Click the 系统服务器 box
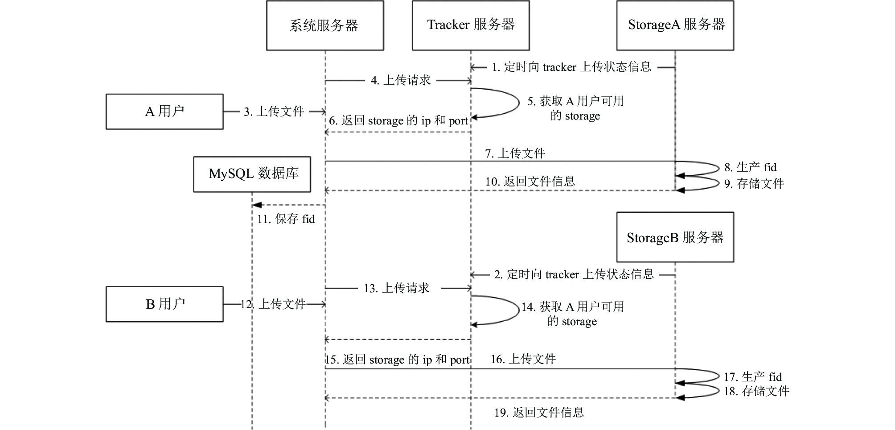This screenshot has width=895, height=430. click(325, 25)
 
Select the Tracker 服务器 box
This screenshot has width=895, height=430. click(471, 25)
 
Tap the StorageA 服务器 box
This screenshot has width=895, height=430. click(675, 25)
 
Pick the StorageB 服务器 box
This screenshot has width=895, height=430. click(675, 237)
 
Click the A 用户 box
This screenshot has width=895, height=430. click(164, 112)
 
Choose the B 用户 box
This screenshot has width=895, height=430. click(164, 304)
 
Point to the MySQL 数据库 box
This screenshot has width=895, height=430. click(252, 174)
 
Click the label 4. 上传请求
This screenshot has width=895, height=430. click(401, 80)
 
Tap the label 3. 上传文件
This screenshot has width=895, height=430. click(274, 112)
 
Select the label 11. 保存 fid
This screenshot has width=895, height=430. click(286, 219)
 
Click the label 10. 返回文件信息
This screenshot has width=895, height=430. click(530, 182)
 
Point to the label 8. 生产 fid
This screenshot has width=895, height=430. click(751, 168)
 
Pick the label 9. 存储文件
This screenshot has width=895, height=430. click(754, 184)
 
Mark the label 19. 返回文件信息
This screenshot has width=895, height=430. click(539, 413)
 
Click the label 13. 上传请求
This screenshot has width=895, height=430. click(396, 288)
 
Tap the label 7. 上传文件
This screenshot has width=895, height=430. click(515, 153)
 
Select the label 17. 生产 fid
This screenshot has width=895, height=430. click(753, 377)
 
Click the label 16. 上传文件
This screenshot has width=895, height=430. click(523, 359)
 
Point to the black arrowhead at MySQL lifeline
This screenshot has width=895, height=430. click(256, 205)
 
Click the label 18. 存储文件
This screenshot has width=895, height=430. click(756, 391)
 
